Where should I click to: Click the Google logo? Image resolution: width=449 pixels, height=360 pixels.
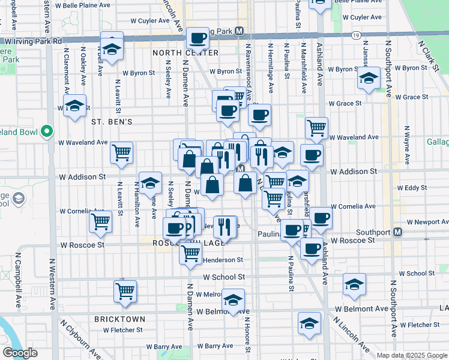click(x=20, y=353)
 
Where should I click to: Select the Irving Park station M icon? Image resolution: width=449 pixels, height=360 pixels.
click(x=239, y=31)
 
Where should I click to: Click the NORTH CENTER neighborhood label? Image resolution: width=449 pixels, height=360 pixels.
click(x=185, y=53)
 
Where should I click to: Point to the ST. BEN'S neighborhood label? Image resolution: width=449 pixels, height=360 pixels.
click(x=111, y=121)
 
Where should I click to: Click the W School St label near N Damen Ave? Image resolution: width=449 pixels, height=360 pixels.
click(x=224, y=277)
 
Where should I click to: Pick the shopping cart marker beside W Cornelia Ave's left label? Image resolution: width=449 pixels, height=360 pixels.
click(x=100, y=221)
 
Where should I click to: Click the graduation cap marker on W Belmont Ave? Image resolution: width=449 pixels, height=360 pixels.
click(x=233, y=299)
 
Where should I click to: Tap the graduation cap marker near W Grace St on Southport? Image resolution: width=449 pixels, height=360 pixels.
click(x=369, y=78)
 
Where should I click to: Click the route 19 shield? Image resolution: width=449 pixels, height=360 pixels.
click(x=357, y=36)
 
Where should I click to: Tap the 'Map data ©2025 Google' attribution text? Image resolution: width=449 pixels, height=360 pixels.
click(x=412, y=355)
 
